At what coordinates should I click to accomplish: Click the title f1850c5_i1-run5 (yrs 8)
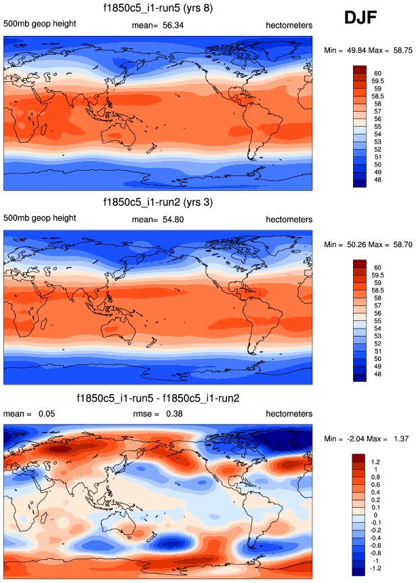coord(159,9)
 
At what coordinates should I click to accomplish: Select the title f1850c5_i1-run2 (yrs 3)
coord(159,202)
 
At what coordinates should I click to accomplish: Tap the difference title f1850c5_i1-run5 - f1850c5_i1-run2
coord(159,397)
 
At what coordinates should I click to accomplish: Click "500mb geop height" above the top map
coord(39,24)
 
